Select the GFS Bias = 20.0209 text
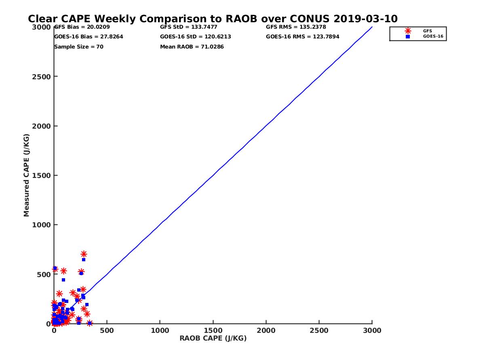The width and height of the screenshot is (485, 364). (x=82, y=27)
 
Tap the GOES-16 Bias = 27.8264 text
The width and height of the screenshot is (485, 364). (x=89, y=37)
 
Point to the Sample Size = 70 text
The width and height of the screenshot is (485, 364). (x=79, y=47)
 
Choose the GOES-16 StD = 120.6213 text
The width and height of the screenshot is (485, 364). (x=196, y=37)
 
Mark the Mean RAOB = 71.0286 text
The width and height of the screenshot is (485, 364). (x=192, y=47)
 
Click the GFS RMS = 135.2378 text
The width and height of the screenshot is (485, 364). (x=296, y=27)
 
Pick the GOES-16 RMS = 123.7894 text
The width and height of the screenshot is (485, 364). (x=303, y=37)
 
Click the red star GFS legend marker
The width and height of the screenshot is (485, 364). (x=408, y=31)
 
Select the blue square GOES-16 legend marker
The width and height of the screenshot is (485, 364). (x=408, y=36)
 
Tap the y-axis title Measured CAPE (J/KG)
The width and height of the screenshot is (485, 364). (x=27, y=175)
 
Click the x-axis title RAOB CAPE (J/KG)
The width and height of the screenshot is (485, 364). (x=213, y=339)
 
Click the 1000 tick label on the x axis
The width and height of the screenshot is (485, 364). (x=160, y=330)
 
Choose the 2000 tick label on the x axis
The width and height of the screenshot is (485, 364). (x=266, y=330)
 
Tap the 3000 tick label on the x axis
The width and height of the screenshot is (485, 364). (x=372, y=330)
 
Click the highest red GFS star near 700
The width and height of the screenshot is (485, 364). (x=84, y=254)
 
